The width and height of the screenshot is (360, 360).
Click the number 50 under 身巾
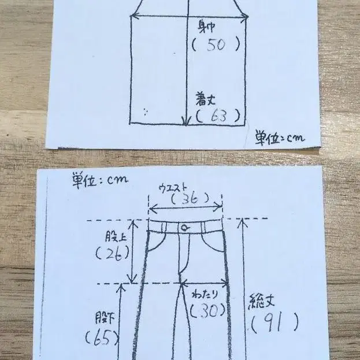(x=216, y=44)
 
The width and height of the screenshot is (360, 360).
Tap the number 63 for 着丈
(x=218, y=116)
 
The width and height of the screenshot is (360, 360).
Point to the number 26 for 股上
(x=113, y=254)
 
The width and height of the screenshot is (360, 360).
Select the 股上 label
(x=116, y=236)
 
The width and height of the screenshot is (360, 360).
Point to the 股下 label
(x=105, y=318)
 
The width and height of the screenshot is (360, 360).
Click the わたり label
(x=205, y=295)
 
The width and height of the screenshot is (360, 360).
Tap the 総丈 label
(x=261, y=301)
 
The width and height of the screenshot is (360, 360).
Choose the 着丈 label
(x=206, y=99)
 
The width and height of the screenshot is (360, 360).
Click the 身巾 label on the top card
(x=206, y=27)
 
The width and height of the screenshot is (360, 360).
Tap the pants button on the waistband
(x=184, y=228)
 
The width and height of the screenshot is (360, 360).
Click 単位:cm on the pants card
(x=100, y=180)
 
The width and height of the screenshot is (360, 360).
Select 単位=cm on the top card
(x=280, y=138)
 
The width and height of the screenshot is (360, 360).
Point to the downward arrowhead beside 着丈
(x=187, y=121)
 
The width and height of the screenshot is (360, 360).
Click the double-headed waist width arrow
(x=185, y=208)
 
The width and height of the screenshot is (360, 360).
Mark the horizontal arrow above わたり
(x=204, y=283)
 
